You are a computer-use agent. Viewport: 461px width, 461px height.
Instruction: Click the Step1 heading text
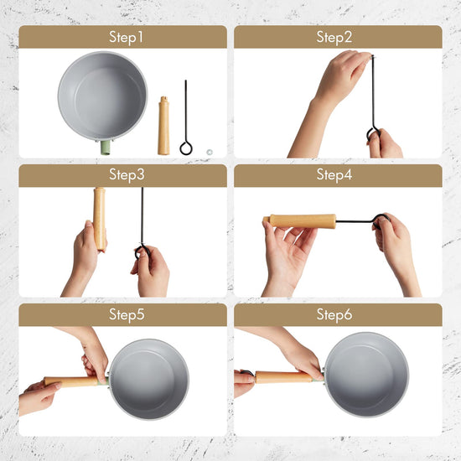pyautogui.click(x=126, y=38)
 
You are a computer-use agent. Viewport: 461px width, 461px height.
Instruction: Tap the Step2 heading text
pyautogui.click(x=334, y=38)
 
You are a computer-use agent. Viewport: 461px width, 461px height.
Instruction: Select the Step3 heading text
pyautogui.click(x=127, y=174)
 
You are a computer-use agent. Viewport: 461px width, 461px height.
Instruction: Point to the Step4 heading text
pyautogui.click(x=334, y=174)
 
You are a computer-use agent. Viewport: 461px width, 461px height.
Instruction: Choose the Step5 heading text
pyautogui.click(x=127, y=314)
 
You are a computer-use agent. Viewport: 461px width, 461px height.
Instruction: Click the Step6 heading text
pyautogui.click(x=334, y=314)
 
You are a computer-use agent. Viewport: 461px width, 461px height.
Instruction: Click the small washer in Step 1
pyautogui.click(x=210, y=152)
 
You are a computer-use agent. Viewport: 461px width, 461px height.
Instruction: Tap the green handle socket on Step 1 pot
pyautogui.click(x=106, y=148)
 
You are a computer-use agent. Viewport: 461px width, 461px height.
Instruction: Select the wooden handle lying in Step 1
pyautogui.click(x=163, y=126)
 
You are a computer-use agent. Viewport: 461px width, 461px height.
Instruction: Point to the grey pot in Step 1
pyautogui.click(x=102, y=96)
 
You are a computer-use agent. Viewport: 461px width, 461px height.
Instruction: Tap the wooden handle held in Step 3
pyautogui.click(x=100, y=219)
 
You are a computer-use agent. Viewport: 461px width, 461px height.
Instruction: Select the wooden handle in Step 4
pyautogui.click(x=300, y=221)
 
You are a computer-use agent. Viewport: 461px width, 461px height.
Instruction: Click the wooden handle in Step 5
pyautogui.click(x=72, y=381)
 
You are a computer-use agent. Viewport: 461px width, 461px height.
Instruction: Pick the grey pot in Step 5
pyautogui.click(x=148, y=379)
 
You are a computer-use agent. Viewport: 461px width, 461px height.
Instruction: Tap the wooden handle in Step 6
pyautogui.click(x=283, y=377)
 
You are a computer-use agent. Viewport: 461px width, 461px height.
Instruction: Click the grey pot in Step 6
pyautogui.click(x=366, y=375)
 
